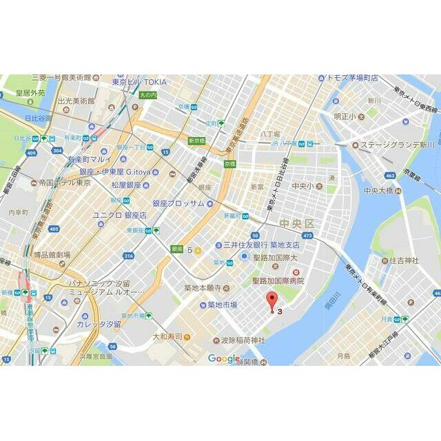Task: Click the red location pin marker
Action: pyautogui.click(x=273, y=302)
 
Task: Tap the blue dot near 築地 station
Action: pyautogui.click(x=243, y=257)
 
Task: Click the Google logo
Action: pyautogui.click(x=223, y=358)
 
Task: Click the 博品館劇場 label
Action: pyautogui.click(x=52, y=255)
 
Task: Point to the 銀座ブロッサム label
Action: pyautogui.click(x=178, y=203)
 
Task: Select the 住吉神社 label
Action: pyautogui.click(x=404, y=260)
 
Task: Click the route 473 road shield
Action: pyautogui.click(x=307, y=236)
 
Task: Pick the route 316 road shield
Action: pyautogui.click(x=128, y=256)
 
